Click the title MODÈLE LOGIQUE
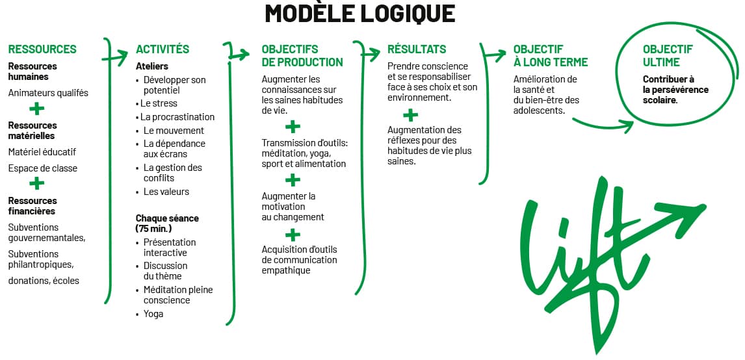click(x=359, y=14)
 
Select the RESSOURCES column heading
click(x=42, y=49)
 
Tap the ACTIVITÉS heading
click(x=163, y=49)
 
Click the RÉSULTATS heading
click(x=417, y=49)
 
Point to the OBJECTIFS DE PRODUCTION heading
click(x=302, y=56)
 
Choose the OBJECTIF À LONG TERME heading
click(x=550, y=56)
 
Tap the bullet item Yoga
click(x=153, y=314)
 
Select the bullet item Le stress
click(x=160, y=103)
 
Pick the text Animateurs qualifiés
click(x=48, y=93)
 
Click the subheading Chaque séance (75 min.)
click(x=167, y=223)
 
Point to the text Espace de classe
click(x=43, y=168)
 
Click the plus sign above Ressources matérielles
click(x=37, y=109)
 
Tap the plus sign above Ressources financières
click(x=37, y=184)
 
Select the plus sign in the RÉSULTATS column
click(x=410, y=116)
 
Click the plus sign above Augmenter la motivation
click(x=293, y=180)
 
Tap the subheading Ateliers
click(x=152, y=66)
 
